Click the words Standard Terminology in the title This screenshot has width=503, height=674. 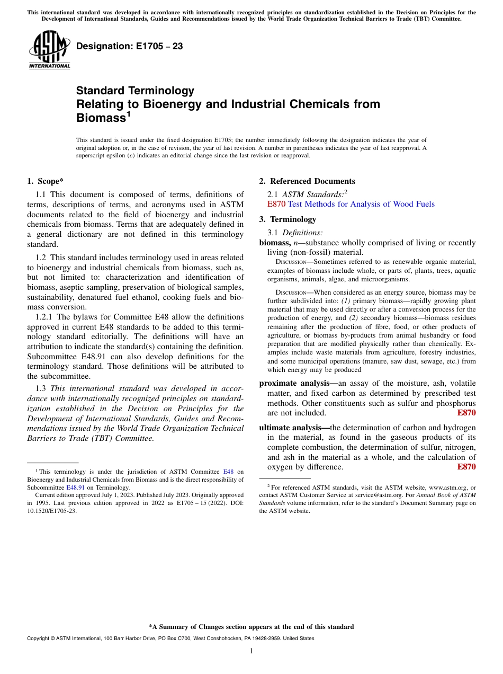pos(135,91)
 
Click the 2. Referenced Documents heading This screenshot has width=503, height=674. pos(307,181)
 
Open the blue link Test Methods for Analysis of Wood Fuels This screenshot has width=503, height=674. pos(361,204)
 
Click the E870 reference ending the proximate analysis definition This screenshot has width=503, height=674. pos(466,413)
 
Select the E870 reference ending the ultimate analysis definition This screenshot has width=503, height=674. pos(466,467)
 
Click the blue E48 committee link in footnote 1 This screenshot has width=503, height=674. pos(228,472)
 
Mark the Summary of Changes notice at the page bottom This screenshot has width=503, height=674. pos(251,627)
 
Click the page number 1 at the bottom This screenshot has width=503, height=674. pos(251,651)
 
